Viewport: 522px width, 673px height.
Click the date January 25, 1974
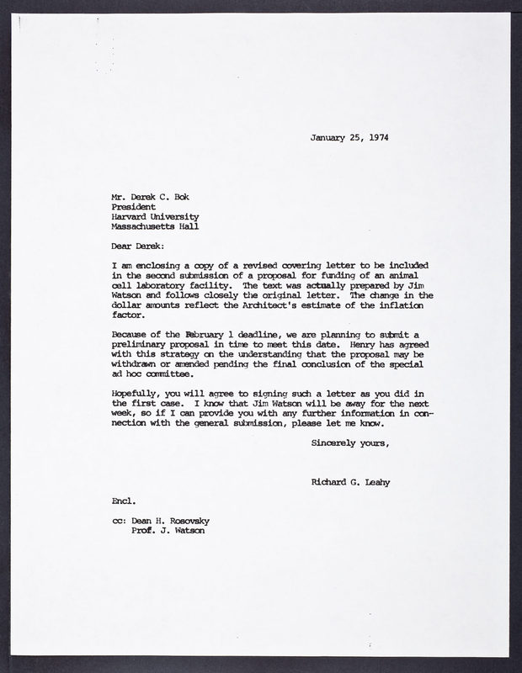pyautogui.click(x=349, y=138)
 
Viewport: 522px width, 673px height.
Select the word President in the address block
pyautogui.click(x=133, y=203)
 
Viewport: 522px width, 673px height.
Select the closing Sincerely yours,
pyautogui.click(x=350, y=442)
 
